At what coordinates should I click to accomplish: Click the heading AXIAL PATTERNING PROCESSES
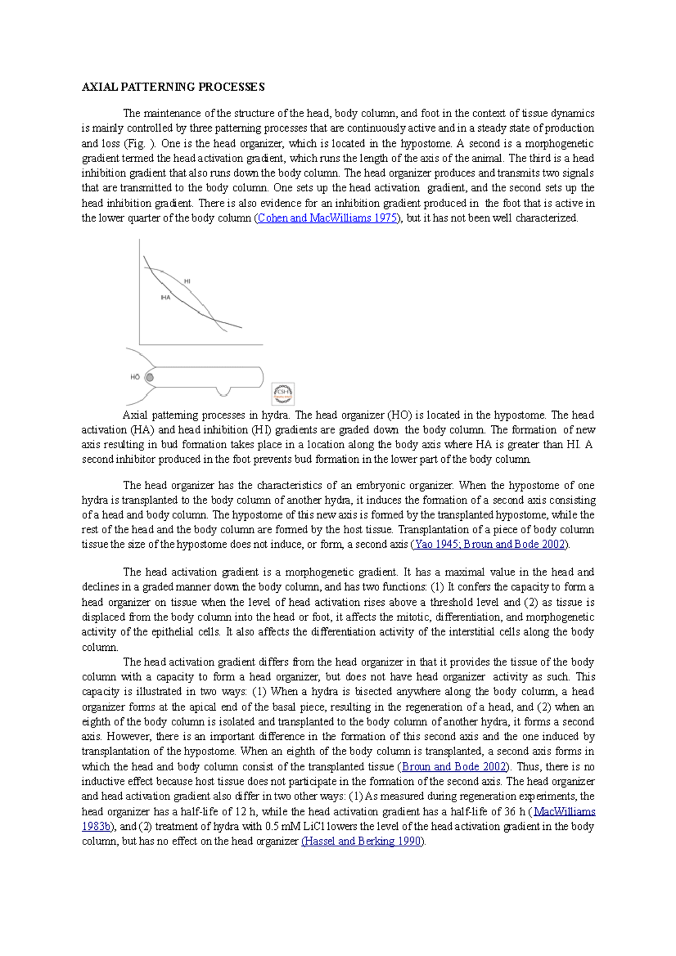click(173, 87)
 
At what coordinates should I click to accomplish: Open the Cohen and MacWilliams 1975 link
click(327, 218)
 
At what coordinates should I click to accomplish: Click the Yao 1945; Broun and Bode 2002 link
click(490, 544)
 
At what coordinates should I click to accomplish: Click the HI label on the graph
click(187, 281)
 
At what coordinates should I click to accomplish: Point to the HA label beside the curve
click(166, 297)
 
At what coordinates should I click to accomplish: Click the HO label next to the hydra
click(135, 377)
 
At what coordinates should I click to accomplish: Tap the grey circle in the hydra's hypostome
click(150, 377)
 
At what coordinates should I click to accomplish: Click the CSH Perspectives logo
click(283, 393)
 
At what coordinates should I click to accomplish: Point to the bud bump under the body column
click(224, 391)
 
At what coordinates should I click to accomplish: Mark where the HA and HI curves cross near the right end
click(215, 320)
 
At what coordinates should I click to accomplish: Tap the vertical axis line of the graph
click(140, 293)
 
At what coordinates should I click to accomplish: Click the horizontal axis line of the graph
click(201, 345)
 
